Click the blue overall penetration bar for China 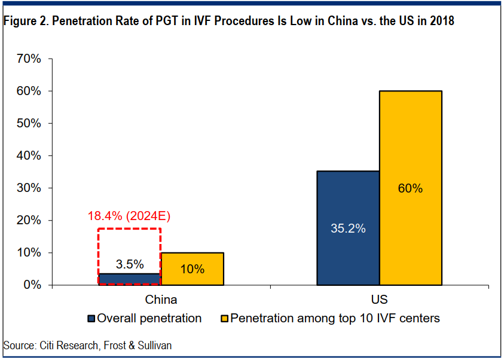coord(129,279)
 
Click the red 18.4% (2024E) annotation coord(129,216)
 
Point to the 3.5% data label coord(129,264)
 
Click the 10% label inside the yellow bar coord(193,269)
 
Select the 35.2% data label coord(348,228)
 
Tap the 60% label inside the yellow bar coord(410,188)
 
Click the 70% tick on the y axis coord(29,59)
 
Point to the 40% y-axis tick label coord(29,155)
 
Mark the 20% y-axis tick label coord(29,220)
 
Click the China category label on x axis coord(161,299)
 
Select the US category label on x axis coord(379,299)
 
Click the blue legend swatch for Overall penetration coord(91,318)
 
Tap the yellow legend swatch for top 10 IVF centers coord(225,318)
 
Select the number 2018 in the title coord(441,22)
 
